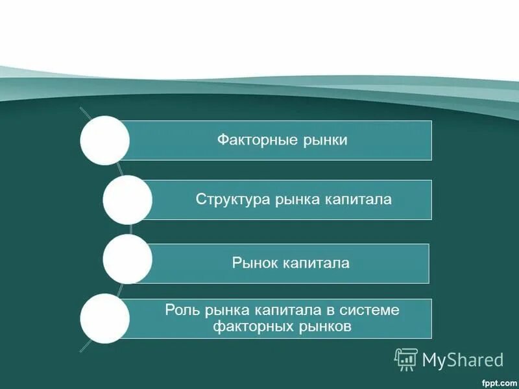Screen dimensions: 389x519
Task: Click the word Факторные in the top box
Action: click(x=249, y=140)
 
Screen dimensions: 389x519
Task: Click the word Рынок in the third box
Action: click(x=254, y=263)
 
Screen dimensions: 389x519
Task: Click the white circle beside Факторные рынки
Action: click(x=104, y=140)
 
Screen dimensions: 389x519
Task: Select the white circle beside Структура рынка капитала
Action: click(x=128, y=200)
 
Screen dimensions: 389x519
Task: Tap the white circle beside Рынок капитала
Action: click(x=128, y=259)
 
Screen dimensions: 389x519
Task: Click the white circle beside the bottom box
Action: click(x=104, y=318)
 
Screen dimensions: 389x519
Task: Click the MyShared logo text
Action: click(x=463, y=360)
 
